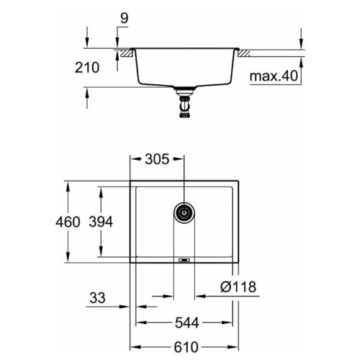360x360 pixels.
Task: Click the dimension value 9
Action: (x=124, y=19)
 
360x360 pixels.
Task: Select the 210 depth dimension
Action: (x=87, y=68)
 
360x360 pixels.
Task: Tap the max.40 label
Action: (x=274, y=76)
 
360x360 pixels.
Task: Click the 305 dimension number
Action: (x=157, y=159)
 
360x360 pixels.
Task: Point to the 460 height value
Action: (x=68, y=222)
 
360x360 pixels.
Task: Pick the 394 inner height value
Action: (x=101, y=222)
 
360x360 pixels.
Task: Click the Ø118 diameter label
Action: (x=238, y=287)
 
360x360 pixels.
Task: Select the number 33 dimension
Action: (x=97, y=298)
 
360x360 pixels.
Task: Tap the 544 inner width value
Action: (x=187, y=323)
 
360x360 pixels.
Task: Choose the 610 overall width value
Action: (x=186, y=347)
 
